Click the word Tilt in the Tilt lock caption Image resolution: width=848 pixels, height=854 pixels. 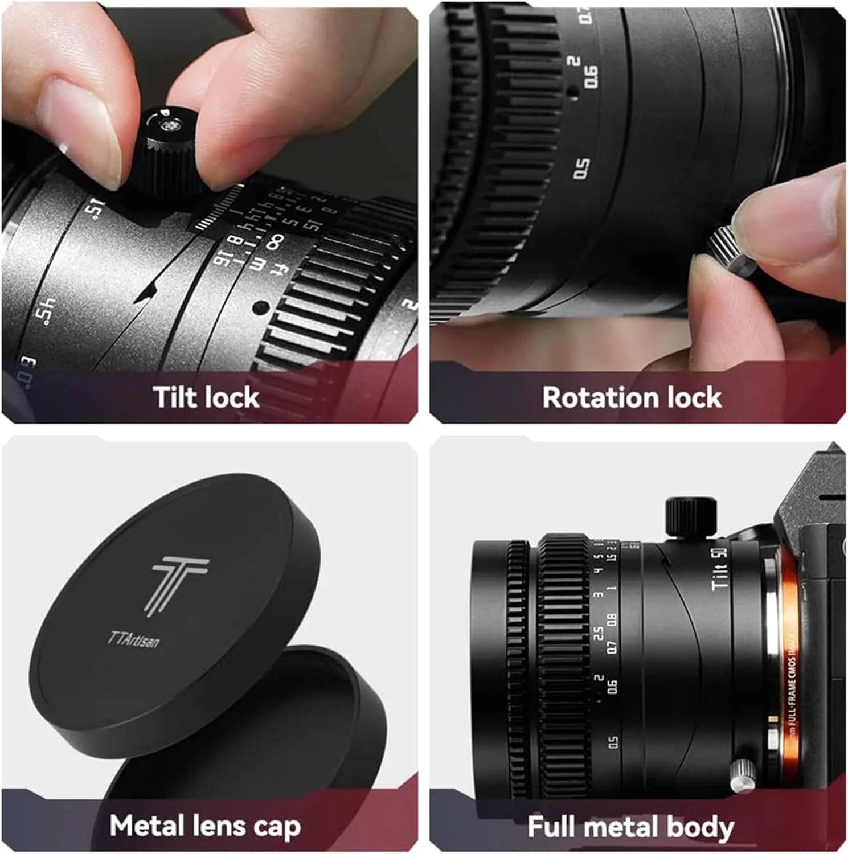tap(174, 397)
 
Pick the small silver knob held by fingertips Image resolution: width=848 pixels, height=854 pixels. tap(730, 251)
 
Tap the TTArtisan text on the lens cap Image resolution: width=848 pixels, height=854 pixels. tap(134, 639)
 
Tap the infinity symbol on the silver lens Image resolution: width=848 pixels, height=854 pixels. tap(275, 241)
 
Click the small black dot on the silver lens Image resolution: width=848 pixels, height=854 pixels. tap(261, 308)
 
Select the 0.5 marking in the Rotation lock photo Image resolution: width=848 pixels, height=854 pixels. tap(581, 168)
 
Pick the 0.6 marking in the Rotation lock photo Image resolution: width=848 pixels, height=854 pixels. tap(592, 76)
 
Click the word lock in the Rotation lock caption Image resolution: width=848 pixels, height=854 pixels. tap(694, 397)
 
